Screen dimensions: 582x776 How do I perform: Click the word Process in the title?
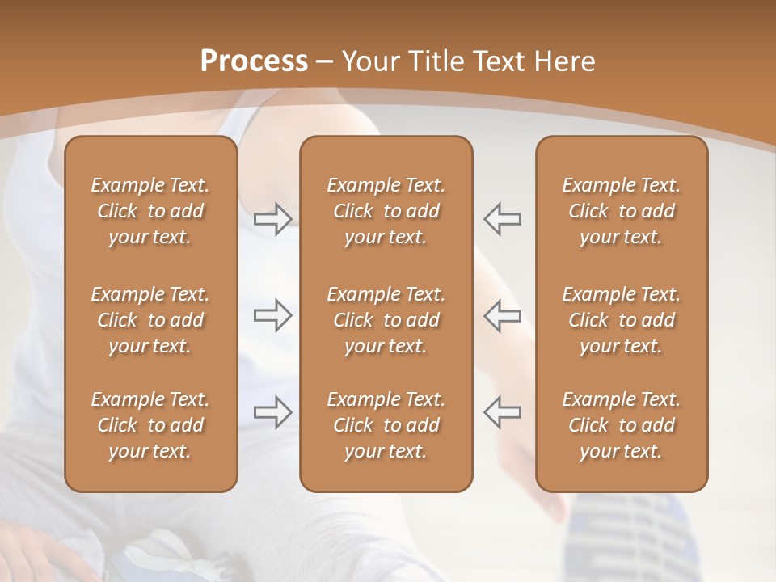coord(254,61)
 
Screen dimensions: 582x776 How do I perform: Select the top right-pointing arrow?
coord(272,219)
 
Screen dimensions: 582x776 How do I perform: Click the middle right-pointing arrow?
coord(272,316)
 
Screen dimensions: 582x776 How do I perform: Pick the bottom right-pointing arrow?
coord(272,412)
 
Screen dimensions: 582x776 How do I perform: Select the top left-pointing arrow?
coord(503,219)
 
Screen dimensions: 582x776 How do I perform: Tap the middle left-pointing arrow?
coord(503,316)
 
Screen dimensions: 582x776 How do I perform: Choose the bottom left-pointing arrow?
coord(503,412)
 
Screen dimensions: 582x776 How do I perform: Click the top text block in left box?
coord(150,211)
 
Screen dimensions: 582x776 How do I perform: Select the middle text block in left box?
coord(150,320)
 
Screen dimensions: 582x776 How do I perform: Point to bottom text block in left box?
coord(150,425)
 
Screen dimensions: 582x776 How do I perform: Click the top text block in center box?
coord(386,211)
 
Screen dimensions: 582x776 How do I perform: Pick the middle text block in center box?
coord(386,320)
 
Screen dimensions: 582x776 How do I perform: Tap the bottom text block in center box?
coord(386,425)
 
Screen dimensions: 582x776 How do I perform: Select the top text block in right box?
coord(622,211)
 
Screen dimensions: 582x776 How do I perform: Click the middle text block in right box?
coord(622,320)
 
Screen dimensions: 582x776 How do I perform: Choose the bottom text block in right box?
coord(622,425)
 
